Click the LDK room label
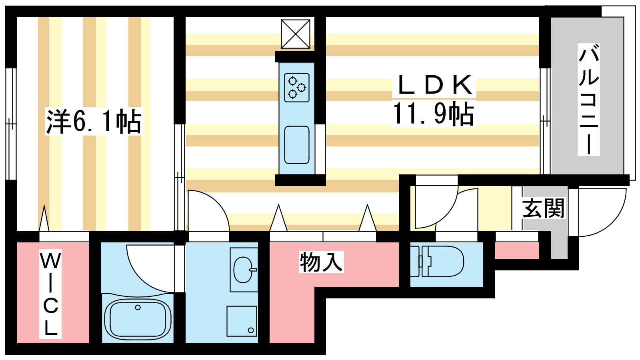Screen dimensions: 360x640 pos(434,85)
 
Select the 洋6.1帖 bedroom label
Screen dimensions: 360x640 pos(94,121)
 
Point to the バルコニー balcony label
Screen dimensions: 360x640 pos(588,100)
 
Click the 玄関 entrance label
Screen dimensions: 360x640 pos(543,208)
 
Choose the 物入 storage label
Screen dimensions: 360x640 pos(321,262)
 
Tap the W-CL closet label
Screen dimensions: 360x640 pos(50,294)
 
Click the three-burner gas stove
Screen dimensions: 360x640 pos(297,87)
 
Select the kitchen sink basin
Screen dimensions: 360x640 pos(297,145)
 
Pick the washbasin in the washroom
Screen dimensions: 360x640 pos(243,270)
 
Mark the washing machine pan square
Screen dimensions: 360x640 pos(242,321)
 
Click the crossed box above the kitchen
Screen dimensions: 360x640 pos(296,34)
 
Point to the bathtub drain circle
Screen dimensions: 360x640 pos(138,308)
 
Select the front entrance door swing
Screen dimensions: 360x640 pos(600,212)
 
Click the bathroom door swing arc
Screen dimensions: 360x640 pos(150,268)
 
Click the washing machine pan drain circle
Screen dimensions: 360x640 pos(251,330)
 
